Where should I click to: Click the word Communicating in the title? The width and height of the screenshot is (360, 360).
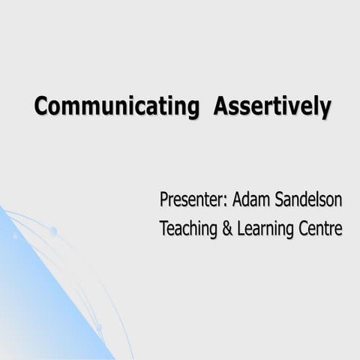(x=116, y=106)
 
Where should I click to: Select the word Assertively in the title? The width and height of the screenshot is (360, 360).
(x=271, y=106)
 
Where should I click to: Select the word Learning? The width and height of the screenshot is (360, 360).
(x=265, y=229)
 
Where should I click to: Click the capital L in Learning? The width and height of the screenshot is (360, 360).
(x=241, y=228)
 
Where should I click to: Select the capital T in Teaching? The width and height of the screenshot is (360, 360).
(x=163, y=228)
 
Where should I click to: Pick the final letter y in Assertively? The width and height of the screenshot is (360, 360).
(x=325, y=109)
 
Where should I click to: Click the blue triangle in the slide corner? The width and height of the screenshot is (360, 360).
(x=37, y=300)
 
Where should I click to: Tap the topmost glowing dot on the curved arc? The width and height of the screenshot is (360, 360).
(x=53, y=231)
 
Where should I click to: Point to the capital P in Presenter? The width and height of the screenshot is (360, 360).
(x=164, y=200)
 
